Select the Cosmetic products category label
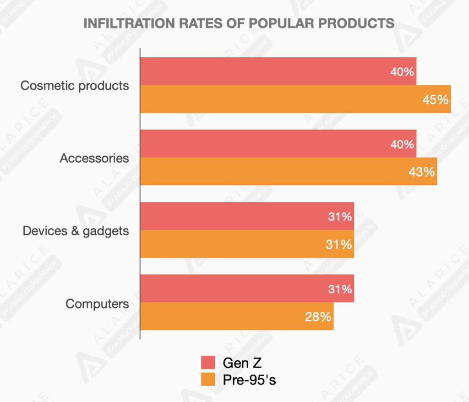click(x=75, y=86)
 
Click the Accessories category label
click(x=94, y=158)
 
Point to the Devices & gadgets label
click(x=76, y=231)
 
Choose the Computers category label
click(x=97, y=303)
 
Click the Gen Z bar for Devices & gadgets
click(x=247, y=216)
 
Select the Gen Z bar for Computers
click(x=247, y=289)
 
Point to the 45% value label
click(x=435, y=99)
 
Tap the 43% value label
click(x=421, y=172)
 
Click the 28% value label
click(x=318, y=317)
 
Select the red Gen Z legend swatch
click(x=208, y=363)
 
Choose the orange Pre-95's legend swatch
click(x=208, y=379)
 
